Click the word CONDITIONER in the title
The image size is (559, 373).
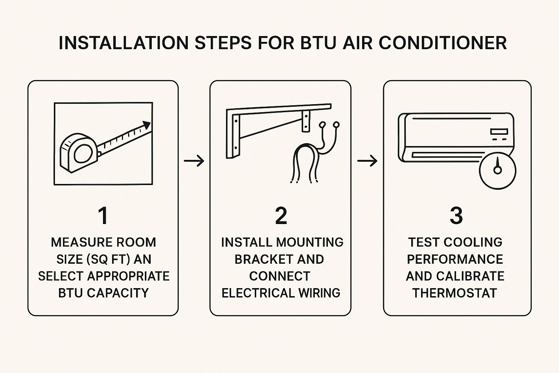click(443, 43)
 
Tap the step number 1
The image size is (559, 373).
click(103, 216)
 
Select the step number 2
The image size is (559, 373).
click(281, 216)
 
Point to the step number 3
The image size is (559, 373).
click(456, 216)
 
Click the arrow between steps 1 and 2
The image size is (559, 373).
click(194, 161)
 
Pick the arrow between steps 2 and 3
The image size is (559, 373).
click(367, 161)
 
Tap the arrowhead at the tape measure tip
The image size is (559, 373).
click(147, 125)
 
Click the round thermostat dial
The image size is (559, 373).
click(497, 171)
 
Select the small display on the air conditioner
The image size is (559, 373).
click(499, 131)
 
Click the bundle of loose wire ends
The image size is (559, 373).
click(305, 164)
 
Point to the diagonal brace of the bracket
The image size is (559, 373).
click(271, 129)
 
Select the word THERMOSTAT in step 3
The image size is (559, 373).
click(455, 293)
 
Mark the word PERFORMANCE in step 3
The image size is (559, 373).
click(455, 259)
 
